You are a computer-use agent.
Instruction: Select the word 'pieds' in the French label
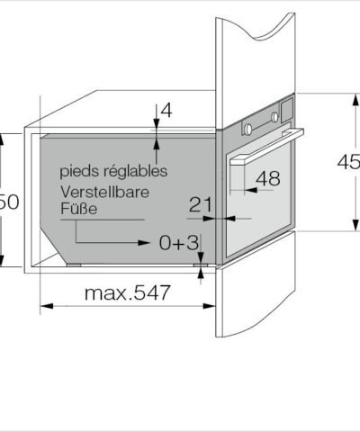point(77,170)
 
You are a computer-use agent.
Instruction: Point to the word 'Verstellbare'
point(104,192)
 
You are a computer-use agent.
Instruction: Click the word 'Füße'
point(77,209)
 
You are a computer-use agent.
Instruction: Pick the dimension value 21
point(201,204)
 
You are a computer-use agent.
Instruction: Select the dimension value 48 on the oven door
point(267,179)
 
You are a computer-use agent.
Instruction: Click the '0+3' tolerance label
point(178,243)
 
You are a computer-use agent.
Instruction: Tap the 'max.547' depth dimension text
point(127,293)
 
